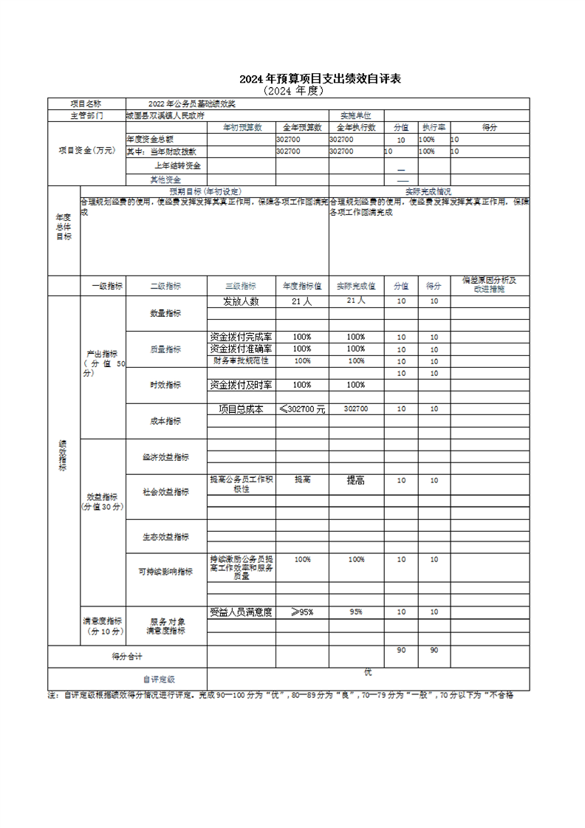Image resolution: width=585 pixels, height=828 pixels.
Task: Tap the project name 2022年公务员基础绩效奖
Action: [182, 104]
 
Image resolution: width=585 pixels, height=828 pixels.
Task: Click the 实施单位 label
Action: [355, 115]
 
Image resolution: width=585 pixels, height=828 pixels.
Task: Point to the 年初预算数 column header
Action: [242, 127]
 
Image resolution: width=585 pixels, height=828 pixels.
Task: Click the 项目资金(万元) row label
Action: [87, 150]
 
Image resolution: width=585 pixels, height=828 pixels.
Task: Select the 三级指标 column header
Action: [241, 286]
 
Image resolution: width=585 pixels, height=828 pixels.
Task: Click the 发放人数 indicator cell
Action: [241, 301]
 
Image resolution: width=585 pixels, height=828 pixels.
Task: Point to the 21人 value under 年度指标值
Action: [302, 301]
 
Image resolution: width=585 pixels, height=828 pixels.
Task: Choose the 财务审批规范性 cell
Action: [241, 360]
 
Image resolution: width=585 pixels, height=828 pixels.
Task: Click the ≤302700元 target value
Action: [302, 408]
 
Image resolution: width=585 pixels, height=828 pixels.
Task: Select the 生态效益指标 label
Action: [165, 537]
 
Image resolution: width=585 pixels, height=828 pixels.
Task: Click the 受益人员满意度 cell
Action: [241, 612]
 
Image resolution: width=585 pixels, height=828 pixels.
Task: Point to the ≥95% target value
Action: [302, 612]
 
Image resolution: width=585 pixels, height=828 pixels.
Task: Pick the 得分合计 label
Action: [127, 656]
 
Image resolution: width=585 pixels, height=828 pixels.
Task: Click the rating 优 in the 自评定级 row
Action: [368, 671]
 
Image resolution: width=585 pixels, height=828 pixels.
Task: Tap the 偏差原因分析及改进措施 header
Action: [489, 284]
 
